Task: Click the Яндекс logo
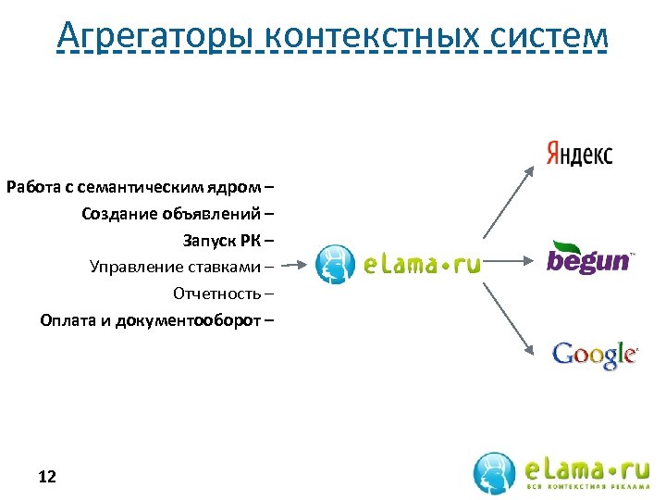pos(578,154)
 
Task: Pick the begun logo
pos(589,258)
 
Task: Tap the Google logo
pos(594,355)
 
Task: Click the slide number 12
pos(47,477)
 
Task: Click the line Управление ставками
pos(181,267)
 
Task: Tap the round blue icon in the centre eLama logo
pos(335,264)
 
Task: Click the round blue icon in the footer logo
pos(495,472)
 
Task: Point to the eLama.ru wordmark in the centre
pos(422,265)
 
